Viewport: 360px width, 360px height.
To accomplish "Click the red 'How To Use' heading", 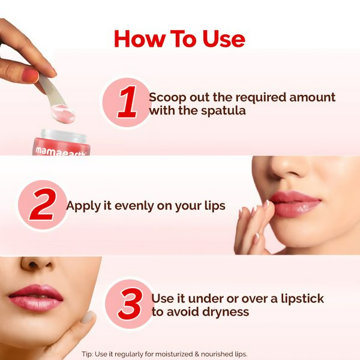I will click(179, 39).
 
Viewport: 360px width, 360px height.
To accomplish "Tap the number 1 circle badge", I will click(127, 103).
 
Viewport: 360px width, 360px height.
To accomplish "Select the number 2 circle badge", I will click(42, 205).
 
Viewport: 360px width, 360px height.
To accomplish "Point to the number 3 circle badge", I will click(129, 305).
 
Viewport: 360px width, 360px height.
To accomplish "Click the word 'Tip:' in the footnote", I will click(88, 354).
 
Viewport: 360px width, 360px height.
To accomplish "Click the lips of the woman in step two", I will click(294, 203).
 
